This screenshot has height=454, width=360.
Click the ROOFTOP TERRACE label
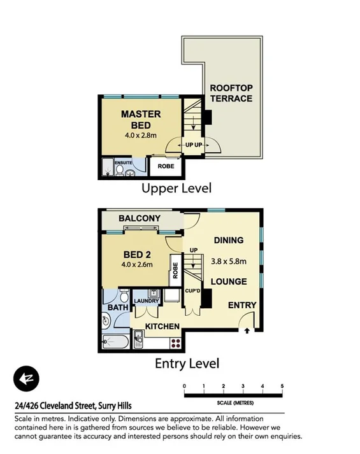pyautogui.click(x=231, y=93)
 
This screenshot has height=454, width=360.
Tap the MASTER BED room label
pyautogui.click(x=141, y=120)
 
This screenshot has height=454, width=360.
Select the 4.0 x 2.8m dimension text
pyautogui.click(x=141, y=135)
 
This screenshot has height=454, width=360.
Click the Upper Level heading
pyautogui.click(x=176, y=188)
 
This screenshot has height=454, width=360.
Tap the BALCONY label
pyautogui.click(x=140, y=218)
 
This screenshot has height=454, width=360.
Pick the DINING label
pyautogui.click(x=228, y=240)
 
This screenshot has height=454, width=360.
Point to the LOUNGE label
pyautogui.click(x=228, y=281)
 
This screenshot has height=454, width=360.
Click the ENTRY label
pyautogui.click(x=242, y=306)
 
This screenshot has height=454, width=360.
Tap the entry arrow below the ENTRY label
pyautogui.click(x=247, y=330)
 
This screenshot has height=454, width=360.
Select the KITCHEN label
pyautogui.click(x=162, y=327)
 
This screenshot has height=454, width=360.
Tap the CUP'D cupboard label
pyautogui.click(x=194, y=290)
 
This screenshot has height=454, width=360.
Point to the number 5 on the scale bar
pyautogui.click(x=282, y=386)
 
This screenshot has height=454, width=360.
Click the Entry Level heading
pyautogui.click(x=187, y=364)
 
